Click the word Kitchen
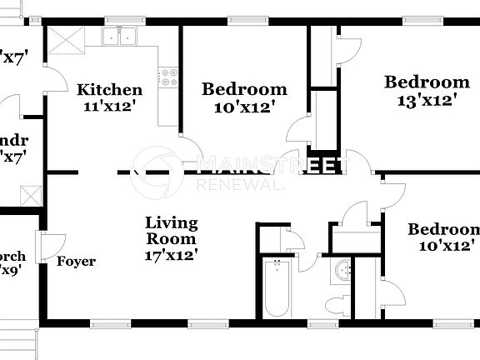point(109,90)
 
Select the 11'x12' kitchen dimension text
point(109,106)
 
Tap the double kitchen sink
point(121,35)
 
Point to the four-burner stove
point(169,77)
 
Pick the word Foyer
point(76,262)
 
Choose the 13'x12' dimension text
point(426,100)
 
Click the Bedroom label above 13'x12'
point(426,82)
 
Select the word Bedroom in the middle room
point(244,89)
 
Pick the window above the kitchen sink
point(120,21)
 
